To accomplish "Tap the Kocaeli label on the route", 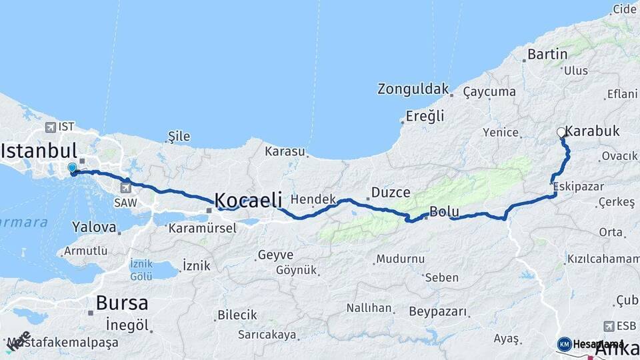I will tap(247, 199).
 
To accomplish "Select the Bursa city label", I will tap(122, 303).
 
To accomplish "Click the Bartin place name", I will tap(547, 54).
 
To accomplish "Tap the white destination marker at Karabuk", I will tap(561, 133).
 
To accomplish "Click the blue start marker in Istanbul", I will tap(72, 167).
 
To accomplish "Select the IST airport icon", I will tap(51, 127).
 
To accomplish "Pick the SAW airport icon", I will tap(126, 187).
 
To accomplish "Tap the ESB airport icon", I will tap(608, 326).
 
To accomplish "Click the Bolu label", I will tap(445, 212).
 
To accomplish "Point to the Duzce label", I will tap(391, 193).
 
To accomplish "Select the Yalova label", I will tap(94, 227).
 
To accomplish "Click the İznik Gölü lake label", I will tap(141, 269).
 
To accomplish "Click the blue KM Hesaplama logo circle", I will tap(565, 344).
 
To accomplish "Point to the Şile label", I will tap(179, 137).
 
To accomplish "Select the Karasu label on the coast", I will tap(285, 152).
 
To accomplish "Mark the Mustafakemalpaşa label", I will tap(63, 343).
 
